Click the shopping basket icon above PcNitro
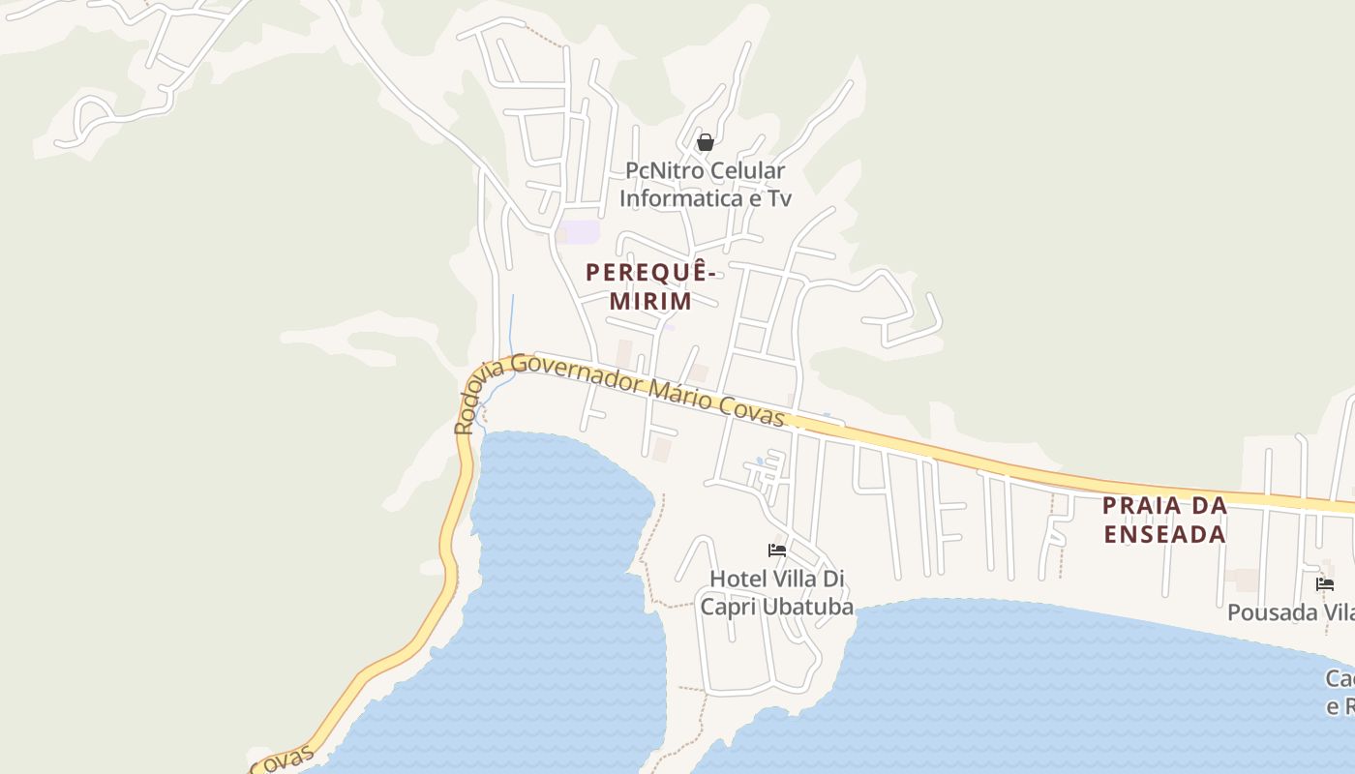coord(706,142)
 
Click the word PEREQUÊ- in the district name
coord(650,273)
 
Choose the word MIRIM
coord(650,301)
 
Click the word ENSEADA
coord(1164,533)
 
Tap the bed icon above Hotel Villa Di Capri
coord(776,551)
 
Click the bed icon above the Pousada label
coord(1325,584)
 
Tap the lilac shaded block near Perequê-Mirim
coord(582,232)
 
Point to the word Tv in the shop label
coord(779,199)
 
